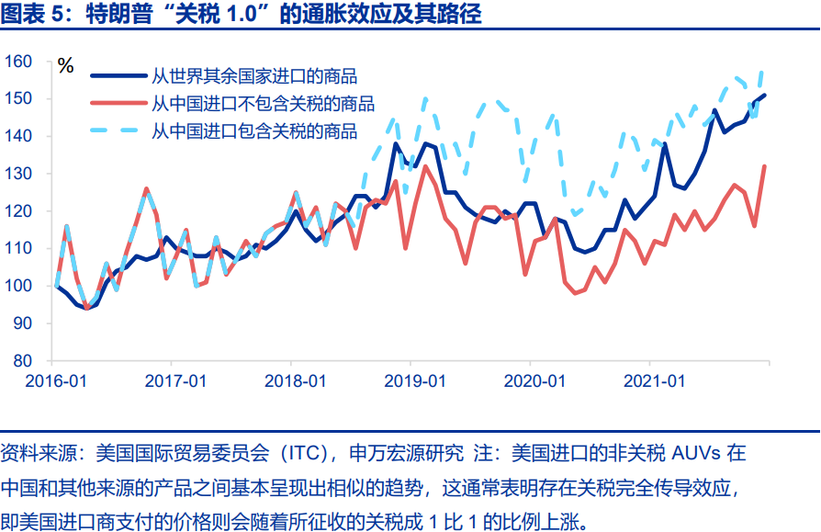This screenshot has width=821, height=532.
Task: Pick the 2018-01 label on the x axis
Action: [x=293, y=380]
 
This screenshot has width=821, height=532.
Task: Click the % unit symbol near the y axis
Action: [x=65, y=66]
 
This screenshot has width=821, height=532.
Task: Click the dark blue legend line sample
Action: [x=118, y=77]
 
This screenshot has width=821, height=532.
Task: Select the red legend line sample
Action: [x=118, y=104]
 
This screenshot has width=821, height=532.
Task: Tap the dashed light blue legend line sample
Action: [x=118, y=130]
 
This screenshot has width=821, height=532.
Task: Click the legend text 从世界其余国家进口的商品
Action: [x=254, y=77]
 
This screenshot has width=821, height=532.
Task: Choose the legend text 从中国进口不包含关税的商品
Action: [x=264, y=104]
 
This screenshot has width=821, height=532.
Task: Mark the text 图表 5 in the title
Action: [x=28, y=16]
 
